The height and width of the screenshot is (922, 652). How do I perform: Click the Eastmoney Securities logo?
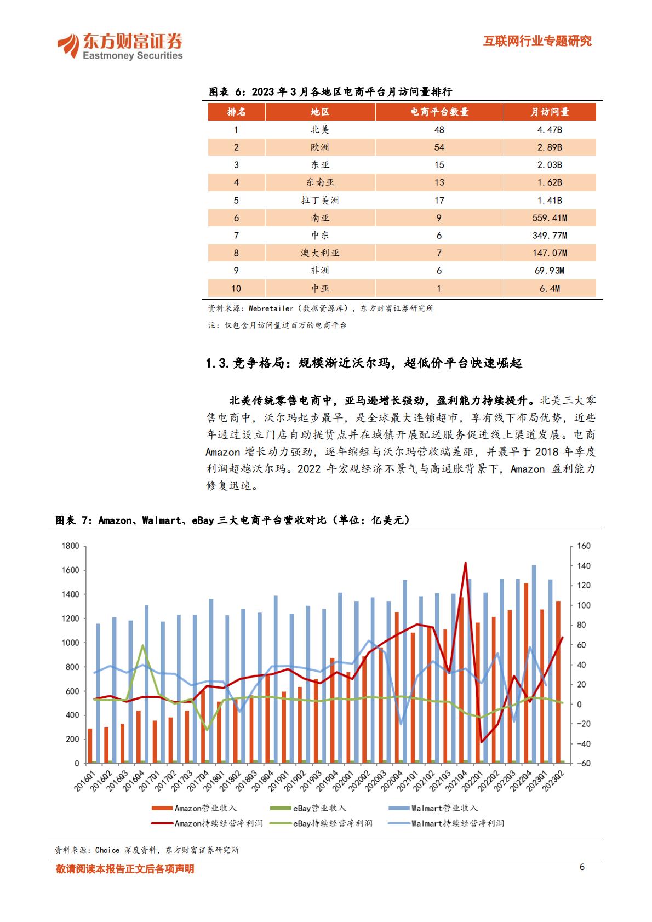pos(120,46)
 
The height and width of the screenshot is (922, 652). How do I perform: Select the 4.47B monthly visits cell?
pos(550,130)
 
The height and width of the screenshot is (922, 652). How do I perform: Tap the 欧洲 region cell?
pos(320,147)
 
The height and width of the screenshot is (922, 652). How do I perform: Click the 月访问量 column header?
pos(550,112)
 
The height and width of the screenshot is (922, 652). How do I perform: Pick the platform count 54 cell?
pos(439,147)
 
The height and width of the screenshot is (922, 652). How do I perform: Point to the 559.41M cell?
pos(550,217)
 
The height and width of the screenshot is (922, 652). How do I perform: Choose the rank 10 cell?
pos(236,289)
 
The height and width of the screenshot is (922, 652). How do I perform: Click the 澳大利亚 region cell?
pos(320,253)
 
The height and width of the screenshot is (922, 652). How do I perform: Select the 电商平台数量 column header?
pos(439,112)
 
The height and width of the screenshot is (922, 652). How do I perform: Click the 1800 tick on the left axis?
pos(70,546)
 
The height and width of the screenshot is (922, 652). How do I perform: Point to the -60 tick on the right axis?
pos(584,763)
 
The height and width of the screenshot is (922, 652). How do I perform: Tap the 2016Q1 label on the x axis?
pos(85,781)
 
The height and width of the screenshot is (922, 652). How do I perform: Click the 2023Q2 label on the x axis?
pos(553,781)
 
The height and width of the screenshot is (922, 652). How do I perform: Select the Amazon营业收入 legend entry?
pos(194,808)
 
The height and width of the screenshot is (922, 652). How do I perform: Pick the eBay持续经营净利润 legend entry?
pos(321,823)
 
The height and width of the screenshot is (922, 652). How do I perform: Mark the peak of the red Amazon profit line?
pos(466,563)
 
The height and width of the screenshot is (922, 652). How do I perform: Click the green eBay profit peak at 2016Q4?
pos(143,645)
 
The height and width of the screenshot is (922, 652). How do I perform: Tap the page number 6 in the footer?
pos(582,867)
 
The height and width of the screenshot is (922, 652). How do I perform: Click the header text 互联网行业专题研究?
pos(537,41)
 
